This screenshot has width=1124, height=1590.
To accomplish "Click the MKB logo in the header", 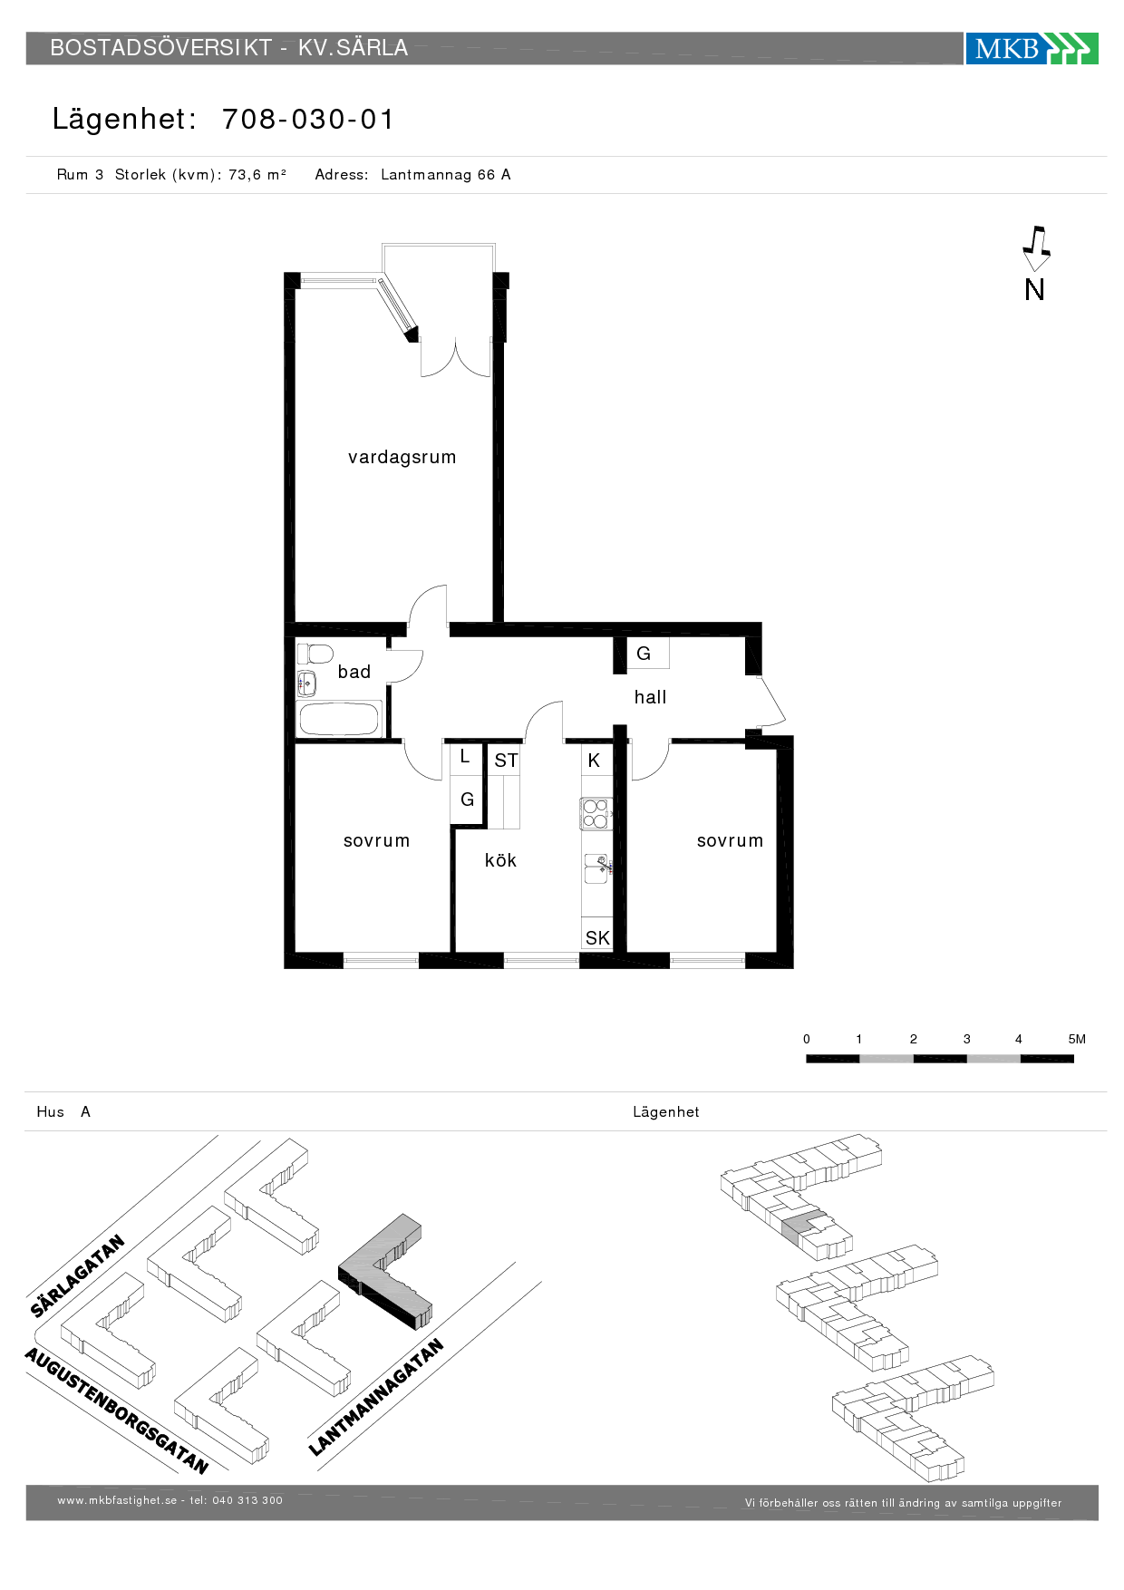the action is click(1032, 48).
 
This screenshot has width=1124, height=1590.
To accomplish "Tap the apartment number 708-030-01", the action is click(308, 120).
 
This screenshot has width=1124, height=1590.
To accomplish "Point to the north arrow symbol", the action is click(1036, 248).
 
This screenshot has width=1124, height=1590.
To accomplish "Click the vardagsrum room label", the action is click(402, 458).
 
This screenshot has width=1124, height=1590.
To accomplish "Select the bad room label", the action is click(354, 672).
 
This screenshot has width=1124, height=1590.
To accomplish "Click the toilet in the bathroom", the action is click(315, 654).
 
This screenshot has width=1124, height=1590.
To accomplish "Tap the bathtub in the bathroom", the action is click(338, 719).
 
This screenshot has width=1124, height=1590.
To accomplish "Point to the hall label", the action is click(650, 697).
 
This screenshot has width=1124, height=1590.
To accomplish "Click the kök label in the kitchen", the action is click(500, 860).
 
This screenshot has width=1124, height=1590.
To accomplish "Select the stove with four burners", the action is click(596, 813).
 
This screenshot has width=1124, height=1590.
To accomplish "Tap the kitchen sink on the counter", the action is click(597, 868).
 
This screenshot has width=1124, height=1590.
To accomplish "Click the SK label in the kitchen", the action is click(597, 938).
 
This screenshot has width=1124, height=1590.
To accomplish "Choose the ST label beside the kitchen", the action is click(506, 761).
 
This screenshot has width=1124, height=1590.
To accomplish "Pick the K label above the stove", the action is click(594, 761).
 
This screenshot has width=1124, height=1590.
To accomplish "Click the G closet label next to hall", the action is click(644, 654).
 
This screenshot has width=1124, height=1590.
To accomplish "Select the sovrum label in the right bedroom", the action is click(730, 841).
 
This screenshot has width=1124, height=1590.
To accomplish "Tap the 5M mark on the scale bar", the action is click(1077, 1039).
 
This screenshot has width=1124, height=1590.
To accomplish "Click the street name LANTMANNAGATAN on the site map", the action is click(376, 1397).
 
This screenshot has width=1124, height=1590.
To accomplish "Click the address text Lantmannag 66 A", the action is click(445, 175).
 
